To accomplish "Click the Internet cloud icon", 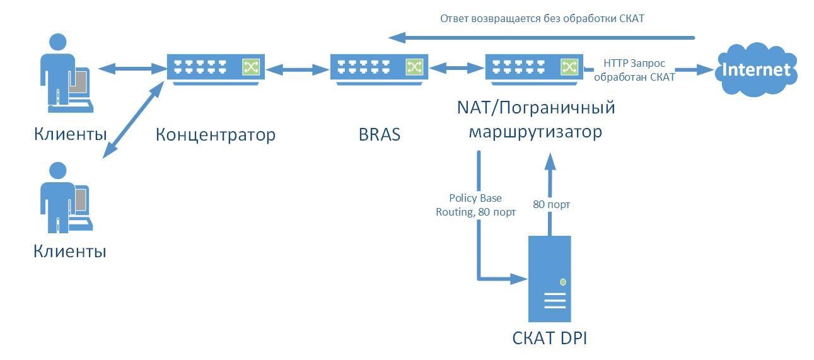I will [756, 69].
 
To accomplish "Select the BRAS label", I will [379, 134].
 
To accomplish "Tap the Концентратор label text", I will [215, 134].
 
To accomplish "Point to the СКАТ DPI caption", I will [549, 338].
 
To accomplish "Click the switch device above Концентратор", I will [216, 67].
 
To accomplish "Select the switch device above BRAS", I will [379, 67].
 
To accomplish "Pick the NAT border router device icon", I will [533, 67].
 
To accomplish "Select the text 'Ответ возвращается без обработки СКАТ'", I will [542, 18].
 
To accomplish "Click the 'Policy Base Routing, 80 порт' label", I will [475, 205].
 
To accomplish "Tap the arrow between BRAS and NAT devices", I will [456, 67].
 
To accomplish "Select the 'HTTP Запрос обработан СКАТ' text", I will [634, 70].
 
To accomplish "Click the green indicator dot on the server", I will [563, 282].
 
